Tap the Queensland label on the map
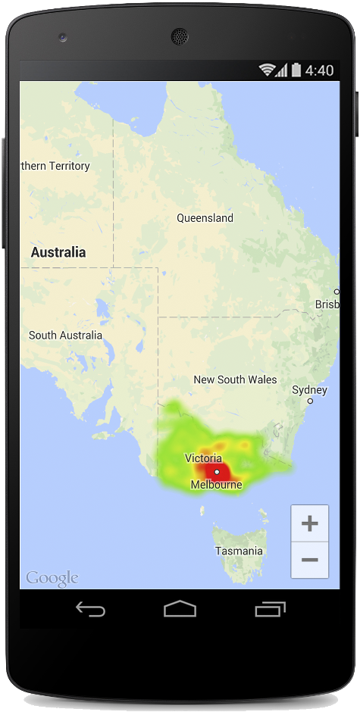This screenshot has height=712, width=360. point(205,218)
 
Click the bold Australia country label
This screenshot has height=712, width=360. point(58,252)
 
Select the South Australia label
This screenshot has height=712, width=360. point(65,335)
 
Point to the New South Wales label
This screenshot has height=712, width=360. point(235,379)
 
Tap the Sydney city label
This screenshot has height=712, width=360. point(309,390)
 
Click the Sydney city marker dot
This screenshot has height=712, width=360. point(310,401)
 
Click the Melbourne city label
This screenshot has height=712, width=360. point(216,485)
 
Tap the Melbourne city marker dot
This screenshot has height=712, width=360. point(217,472)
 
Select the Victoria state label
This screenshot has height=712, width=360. point(203,458)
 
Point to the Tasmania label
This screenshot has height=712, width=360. point(239,551)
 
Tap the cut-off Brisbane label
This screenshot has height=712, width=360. point(327,304)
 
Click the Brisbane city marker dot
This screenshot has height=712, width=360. point(337,292)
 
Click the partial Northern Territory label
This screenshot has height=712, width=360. point(55,166)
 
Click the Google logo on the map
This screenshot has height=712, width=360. point(52,579)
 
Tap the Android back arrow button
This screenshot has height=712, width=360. point(90,609)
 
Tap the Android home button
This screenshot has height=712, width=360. point(180,609)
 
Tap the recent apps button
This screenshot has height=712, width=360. point(269,609)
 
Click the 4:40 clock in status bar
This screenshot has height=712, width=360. point(319,70)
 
